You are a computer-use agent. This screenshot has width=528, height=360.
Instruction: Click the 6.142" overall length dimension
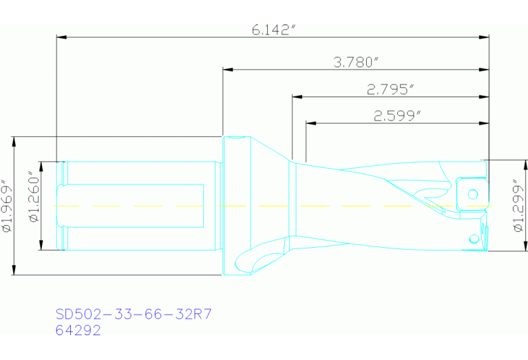click(273, 30)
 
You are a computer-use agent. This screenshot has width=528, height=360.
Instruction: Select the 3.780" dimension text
click(356, 63)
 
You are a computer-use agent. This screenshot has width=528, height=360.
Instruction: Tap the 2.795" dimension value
click(390, 89)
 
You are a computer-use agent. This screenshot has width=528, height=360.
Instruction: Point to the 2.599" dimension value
click(397, 116)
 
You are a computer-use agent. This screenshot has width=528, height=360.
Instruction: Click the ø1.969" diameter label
click(8, 207)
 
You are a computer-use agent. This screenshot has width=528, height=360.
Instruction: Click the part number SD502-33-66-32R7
click(134, 315)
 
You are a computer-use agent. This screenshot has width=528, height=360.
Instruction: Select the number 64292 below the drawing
click(78, 330)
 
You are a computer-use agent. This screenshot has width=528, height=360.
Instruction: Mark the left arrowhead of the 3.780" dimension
click(228, 70)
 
